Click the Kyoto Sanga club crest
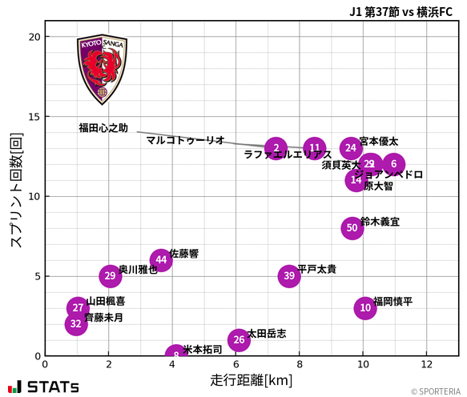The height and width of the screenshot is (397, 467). (102, 70)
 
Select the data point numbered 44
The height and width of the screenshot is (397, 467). (161, 260)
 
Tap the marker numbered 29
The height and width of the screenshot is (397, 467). (111, 276)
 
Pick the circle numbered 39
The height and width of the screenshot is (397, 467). (289, 276)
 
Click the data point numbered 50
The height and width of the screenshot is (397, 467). (352, 228)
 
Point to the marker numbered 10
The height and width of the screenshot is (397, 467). (365, 308)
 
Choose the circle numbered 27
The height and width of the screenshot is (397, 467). (78, 308)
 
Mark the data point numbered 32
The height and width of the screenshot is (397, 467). (76, 324)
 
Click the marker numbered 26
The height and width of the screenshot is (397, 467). (238, 340)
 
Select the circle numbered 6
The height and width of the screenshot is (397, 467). (393, 164)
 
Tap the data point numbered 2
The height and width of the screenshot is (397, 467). (276, 148)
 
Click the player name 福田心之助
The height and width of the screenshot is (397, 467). (103, 128)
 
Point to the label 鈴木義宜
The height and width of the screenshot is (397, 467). (380, 221)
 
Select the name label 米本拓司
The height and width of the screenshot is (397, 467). (203, 350)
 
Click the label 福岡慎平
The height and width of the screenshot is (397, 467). (393, 302)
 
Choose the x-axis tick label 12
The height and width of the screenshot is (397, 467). (426, 364)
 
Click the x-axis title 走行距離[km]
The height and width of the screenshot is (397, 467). (252, 379)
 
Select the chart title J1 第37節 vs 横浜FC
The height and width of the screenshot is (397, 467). (401, 11)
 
